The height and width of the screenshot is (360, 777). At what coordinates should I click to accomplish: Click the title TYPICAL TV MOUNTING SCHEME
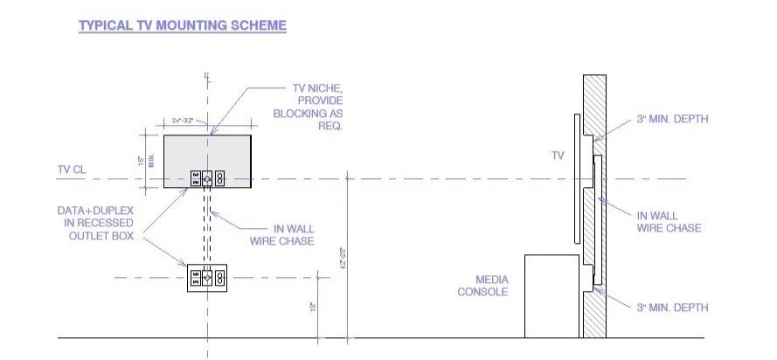click(x=183, y=26)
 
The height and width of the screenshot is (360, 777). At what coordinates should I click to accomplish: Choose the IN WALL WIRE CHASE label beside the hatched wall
click(x=669, y=222)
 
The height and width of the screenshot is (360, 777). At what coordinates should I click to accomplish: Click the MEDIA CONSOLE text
click(x=482, y=285)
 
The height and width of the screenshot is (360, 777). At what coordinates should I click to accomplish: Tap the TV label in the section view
click(x=558, y=155)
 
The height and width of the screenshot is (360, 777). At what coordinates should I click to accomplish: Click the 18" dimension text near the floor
click(x=311, y=307)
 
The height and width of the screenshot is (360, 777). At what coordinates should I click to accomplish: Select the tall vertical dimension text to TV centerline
click(x=342, y=255)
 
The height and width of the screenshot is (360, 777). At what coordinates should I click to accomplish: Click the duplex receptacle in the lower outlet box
click(x=220, y=279)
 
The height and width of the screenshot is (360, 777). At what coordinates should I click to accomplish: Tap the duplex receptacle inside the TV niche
click(x=220, y=177)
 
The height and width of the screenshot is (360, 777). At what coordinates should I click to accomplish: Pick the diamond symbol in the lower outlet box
click(x=208, y=279)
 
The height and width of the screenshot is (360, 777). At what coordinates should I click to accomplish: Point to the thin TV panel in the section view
click(x=576, y=179)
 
